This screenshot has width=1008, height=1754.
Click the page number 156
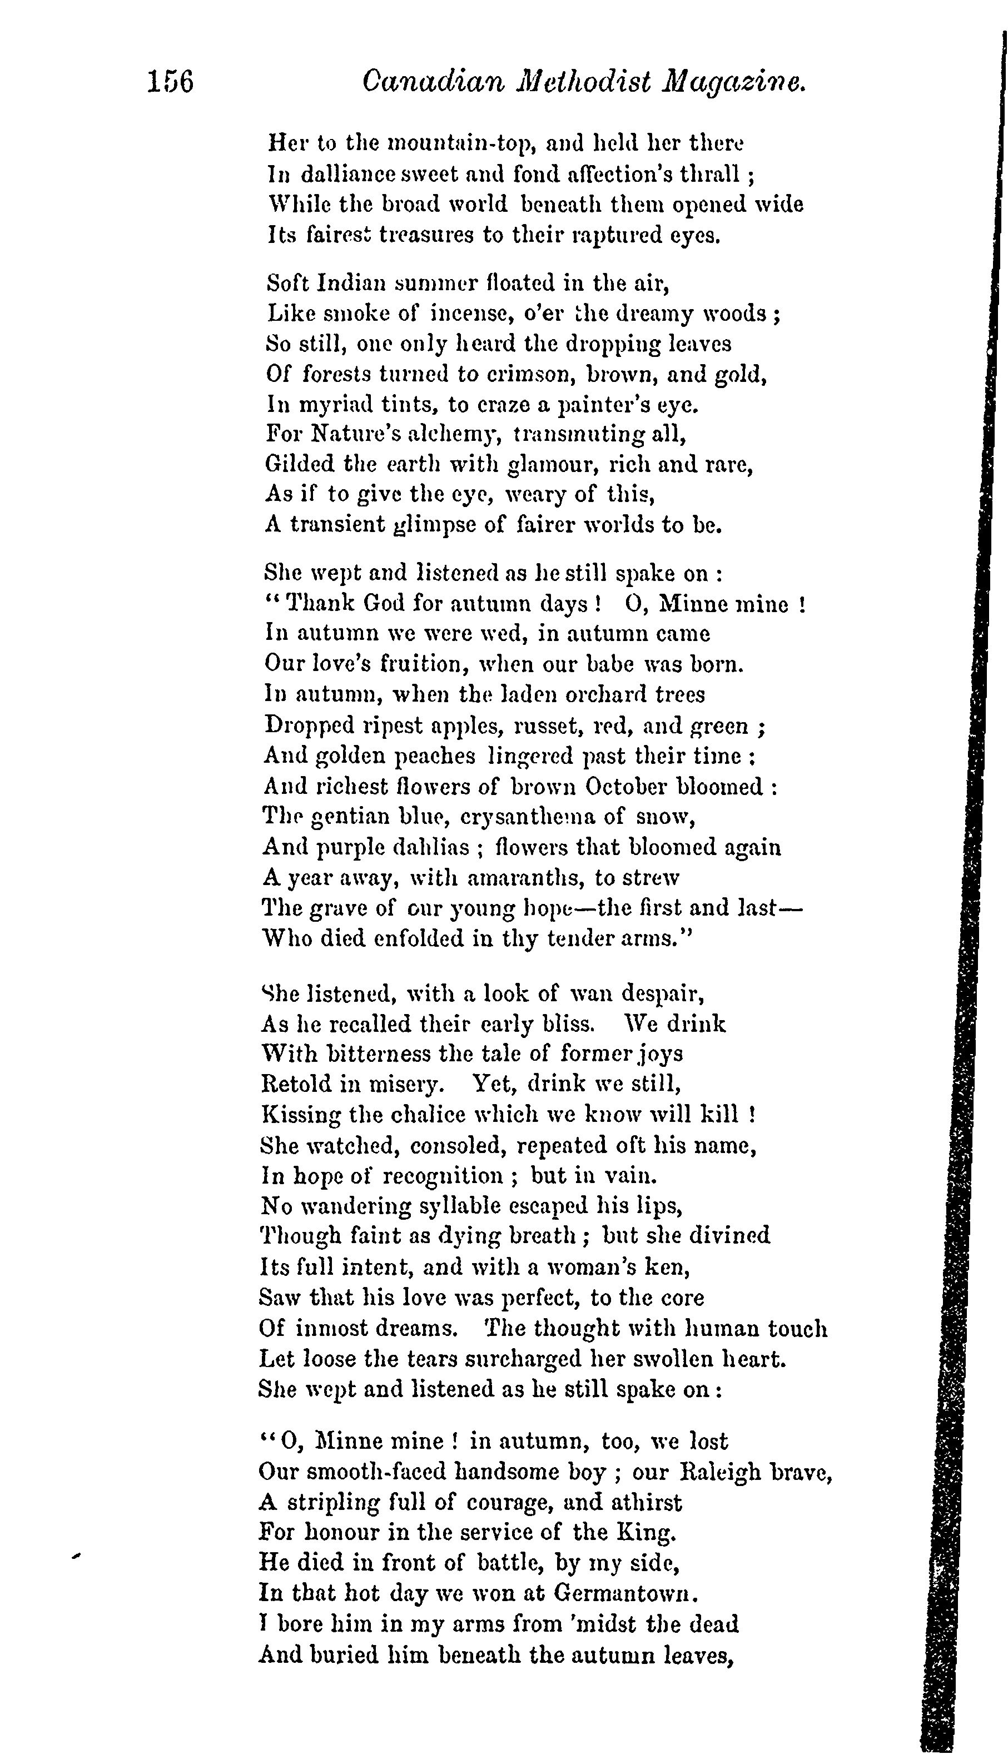point(170,82)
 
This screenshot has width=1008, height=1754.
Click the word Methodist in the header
point(584,82)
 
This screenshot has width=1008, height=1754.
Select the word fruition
point(423,664)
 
